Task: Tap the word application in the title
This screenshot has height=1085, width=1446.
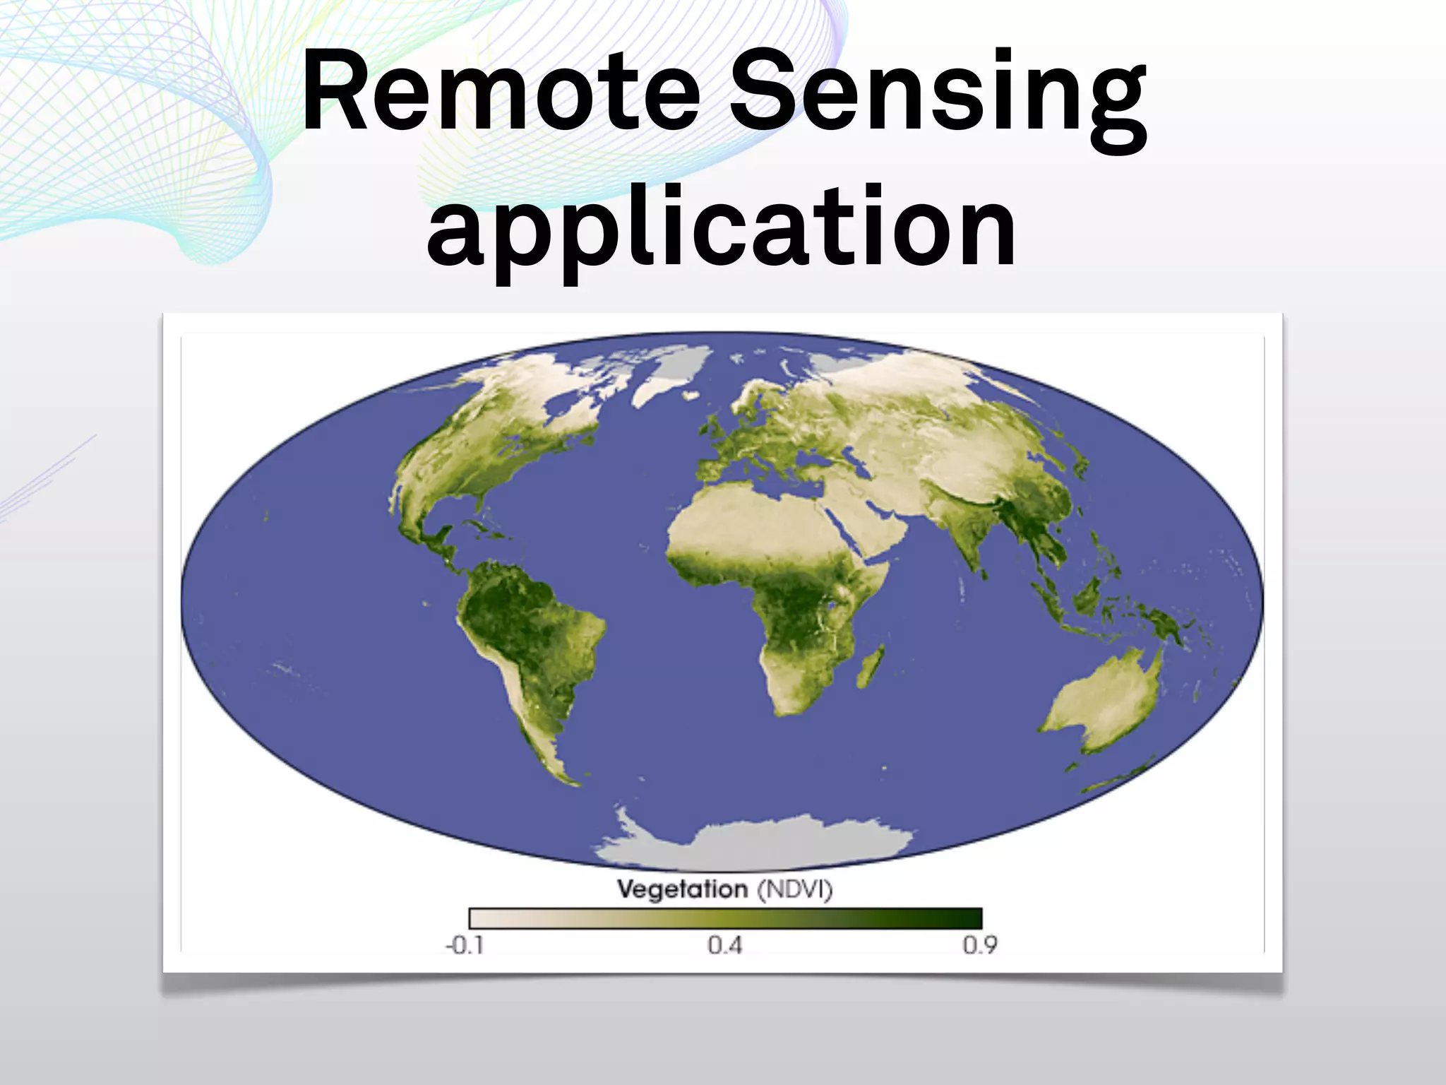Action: click(722, 227)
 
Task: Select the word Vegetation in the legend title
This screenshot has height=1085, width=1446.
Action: click(682, 889)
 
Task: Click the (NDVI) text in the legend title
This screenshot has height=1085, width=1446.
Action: click(795, 889)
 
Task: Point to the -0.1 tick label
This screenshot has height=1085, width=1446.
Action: click(465, 945)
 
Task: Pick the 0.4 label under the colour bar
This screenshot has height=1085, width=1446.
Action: click(725, 945)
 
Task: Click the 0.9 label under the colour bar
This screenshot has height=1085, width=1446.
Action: click(980, 945)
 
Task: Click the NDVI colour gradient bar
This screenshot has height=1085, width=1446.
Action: click(725, 918)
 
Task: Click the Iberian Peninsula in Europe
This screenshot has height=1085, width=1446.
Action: click(713, 470)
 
